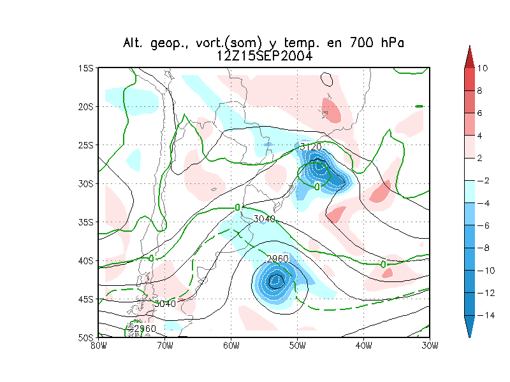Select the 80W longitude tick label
(x=98, y=346)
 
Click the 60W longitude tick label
(x=231, y=346)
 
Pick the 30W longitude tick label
(x=430, y=346)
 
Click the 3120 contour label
(x=310, y=147)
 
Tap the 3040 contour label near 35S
(x=264, y=219)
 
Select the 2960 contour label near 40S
(x=277, y=258)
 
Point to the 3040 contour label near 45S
(x=164, y=304)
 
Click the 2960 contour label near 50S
(x=145, y=329)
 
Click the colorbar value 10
(x=483, y=68)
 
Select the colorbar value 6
(x=483, y=113)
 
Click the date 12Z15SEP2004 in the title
(x=264, y=56)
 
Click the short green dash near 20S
(x=419, y=106)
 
